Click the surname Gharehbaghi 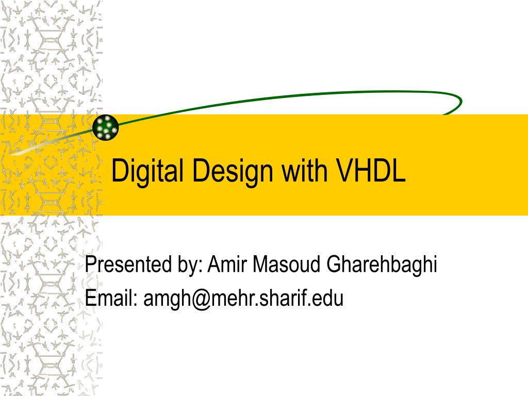(x=382, y=266)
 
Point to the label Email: (x=111, y=299)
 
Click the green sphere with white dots (x=106, y=127)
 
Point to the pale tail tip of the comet (x=11, y=153)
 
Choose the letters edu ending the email (x=330, y=299)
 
